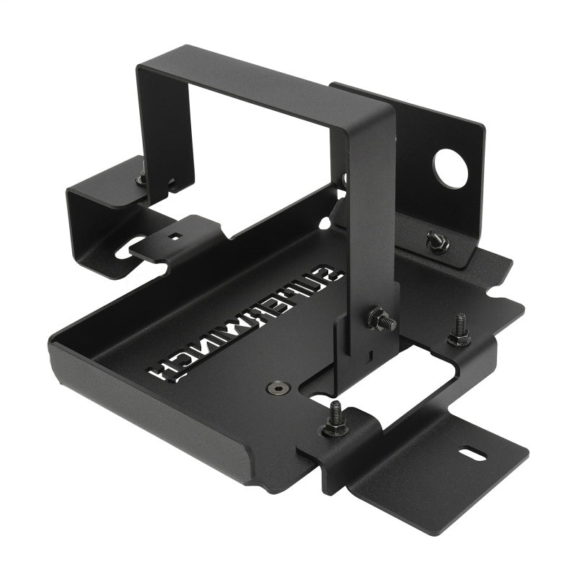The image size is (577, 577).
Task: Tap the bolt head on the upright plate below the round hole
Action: click(436, 242)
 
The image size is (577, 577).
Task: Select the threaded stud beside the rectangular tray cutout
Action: click(459, 331)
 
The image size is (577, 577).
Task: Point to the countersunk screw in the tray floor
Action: click(278, 388)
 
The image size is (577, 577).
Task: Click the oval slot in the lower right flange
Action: click(468, 454)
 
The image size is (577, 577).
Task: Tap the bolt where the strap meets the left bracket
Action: click(142, 175)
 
